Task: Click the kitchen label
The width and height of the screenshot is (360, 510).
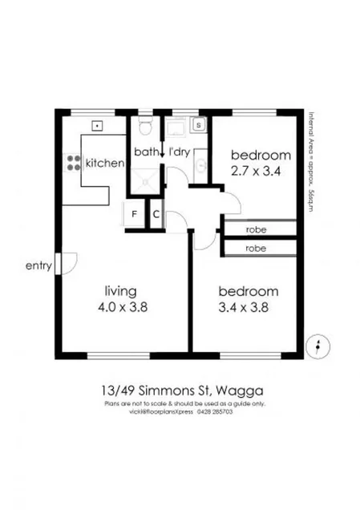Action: [105, 163]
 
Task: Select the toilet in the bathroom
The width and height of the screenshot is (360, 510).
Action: [145, 127]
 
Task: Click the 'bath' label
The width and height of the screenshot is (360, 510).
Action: [146, 151]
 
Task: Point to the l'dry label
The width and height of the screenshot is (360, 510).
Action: [179, 151]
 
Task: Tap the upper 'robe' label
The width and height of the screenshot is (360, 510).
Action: [256, 229]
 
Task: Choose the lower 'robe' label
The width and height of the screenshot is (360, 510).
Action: [256, 249]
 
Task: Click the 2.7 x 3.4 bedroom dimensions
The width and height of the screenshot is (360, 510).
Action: [260, 170]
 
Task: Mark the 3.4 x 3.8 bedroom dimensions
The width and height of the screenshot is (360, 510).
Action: [248, 306]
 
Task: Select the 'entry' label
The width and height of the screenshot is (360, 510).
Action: [38, 265]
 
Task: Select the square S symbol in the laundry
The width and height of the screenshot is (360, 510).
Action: [199, 126]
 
